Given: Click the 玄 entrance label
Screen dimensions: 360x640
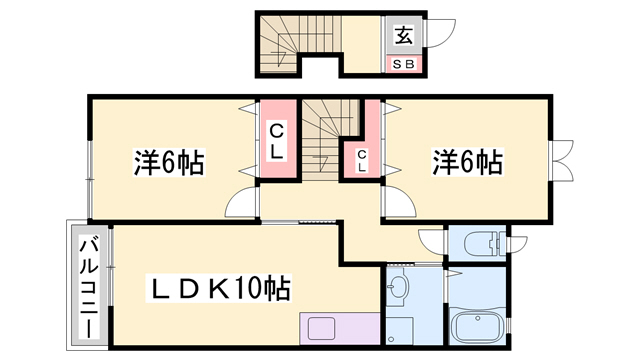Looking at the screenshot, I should coord(404,36).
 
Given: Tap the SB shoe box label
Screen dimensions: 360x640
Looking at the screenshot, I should coord(405,64).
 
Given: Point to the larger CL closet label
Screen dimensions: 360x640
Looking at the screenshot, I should coord(279,140).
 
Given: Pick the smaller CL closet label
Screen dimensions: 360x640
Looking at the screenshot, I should coord(362,160).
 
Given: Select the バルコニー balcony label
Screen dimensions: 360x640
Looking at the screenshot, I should coord(88,284).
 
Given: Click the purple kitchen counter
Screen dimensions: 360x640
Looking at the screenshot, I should coord(340,329).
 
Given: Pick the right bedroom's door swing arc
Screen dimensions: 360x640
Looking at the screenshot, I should coord(395,204).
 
